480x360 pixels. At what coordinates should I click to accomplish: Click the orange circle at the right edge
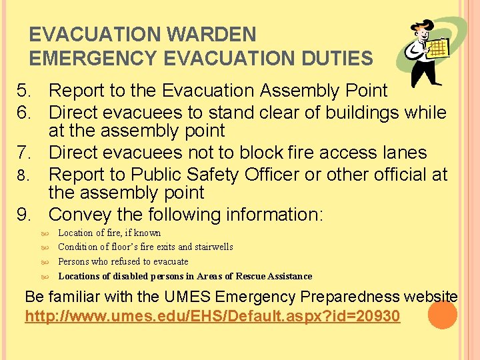pyautogui.click(x=442, y=315)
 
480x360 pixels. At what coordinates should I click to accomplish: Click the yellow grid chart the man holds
pyautogui.click(x=438, y=49)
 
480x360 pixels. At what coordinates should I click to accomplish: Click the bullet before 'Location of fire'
pyautogui.click(x=45, y=233)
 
